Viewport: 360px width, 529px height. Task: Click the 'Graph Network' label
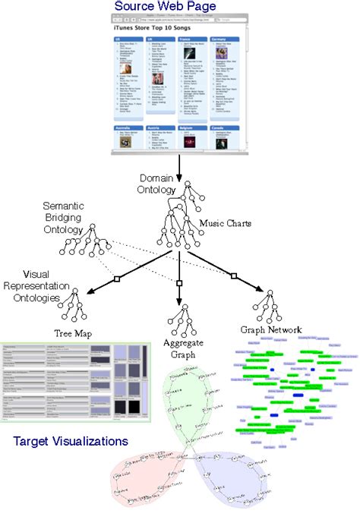coord(270,330)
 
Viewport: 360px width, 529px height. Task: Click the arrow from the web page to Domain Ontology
coord(180,163)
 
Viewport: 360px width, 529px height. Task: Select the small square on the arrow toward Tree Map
coord(117,280)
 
